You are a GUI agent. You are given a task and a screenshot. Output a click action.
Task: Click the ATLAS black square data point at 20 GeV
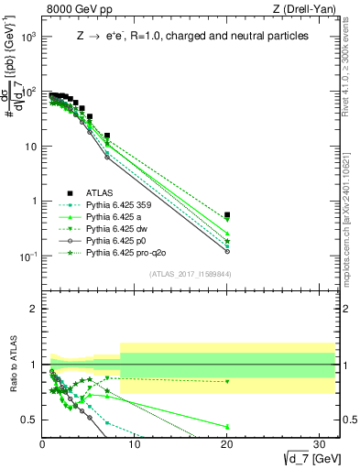pos(227,215)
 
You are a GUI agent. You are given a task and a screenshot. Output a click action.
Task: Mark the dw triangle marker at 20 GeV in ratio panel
pos(227,381)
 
